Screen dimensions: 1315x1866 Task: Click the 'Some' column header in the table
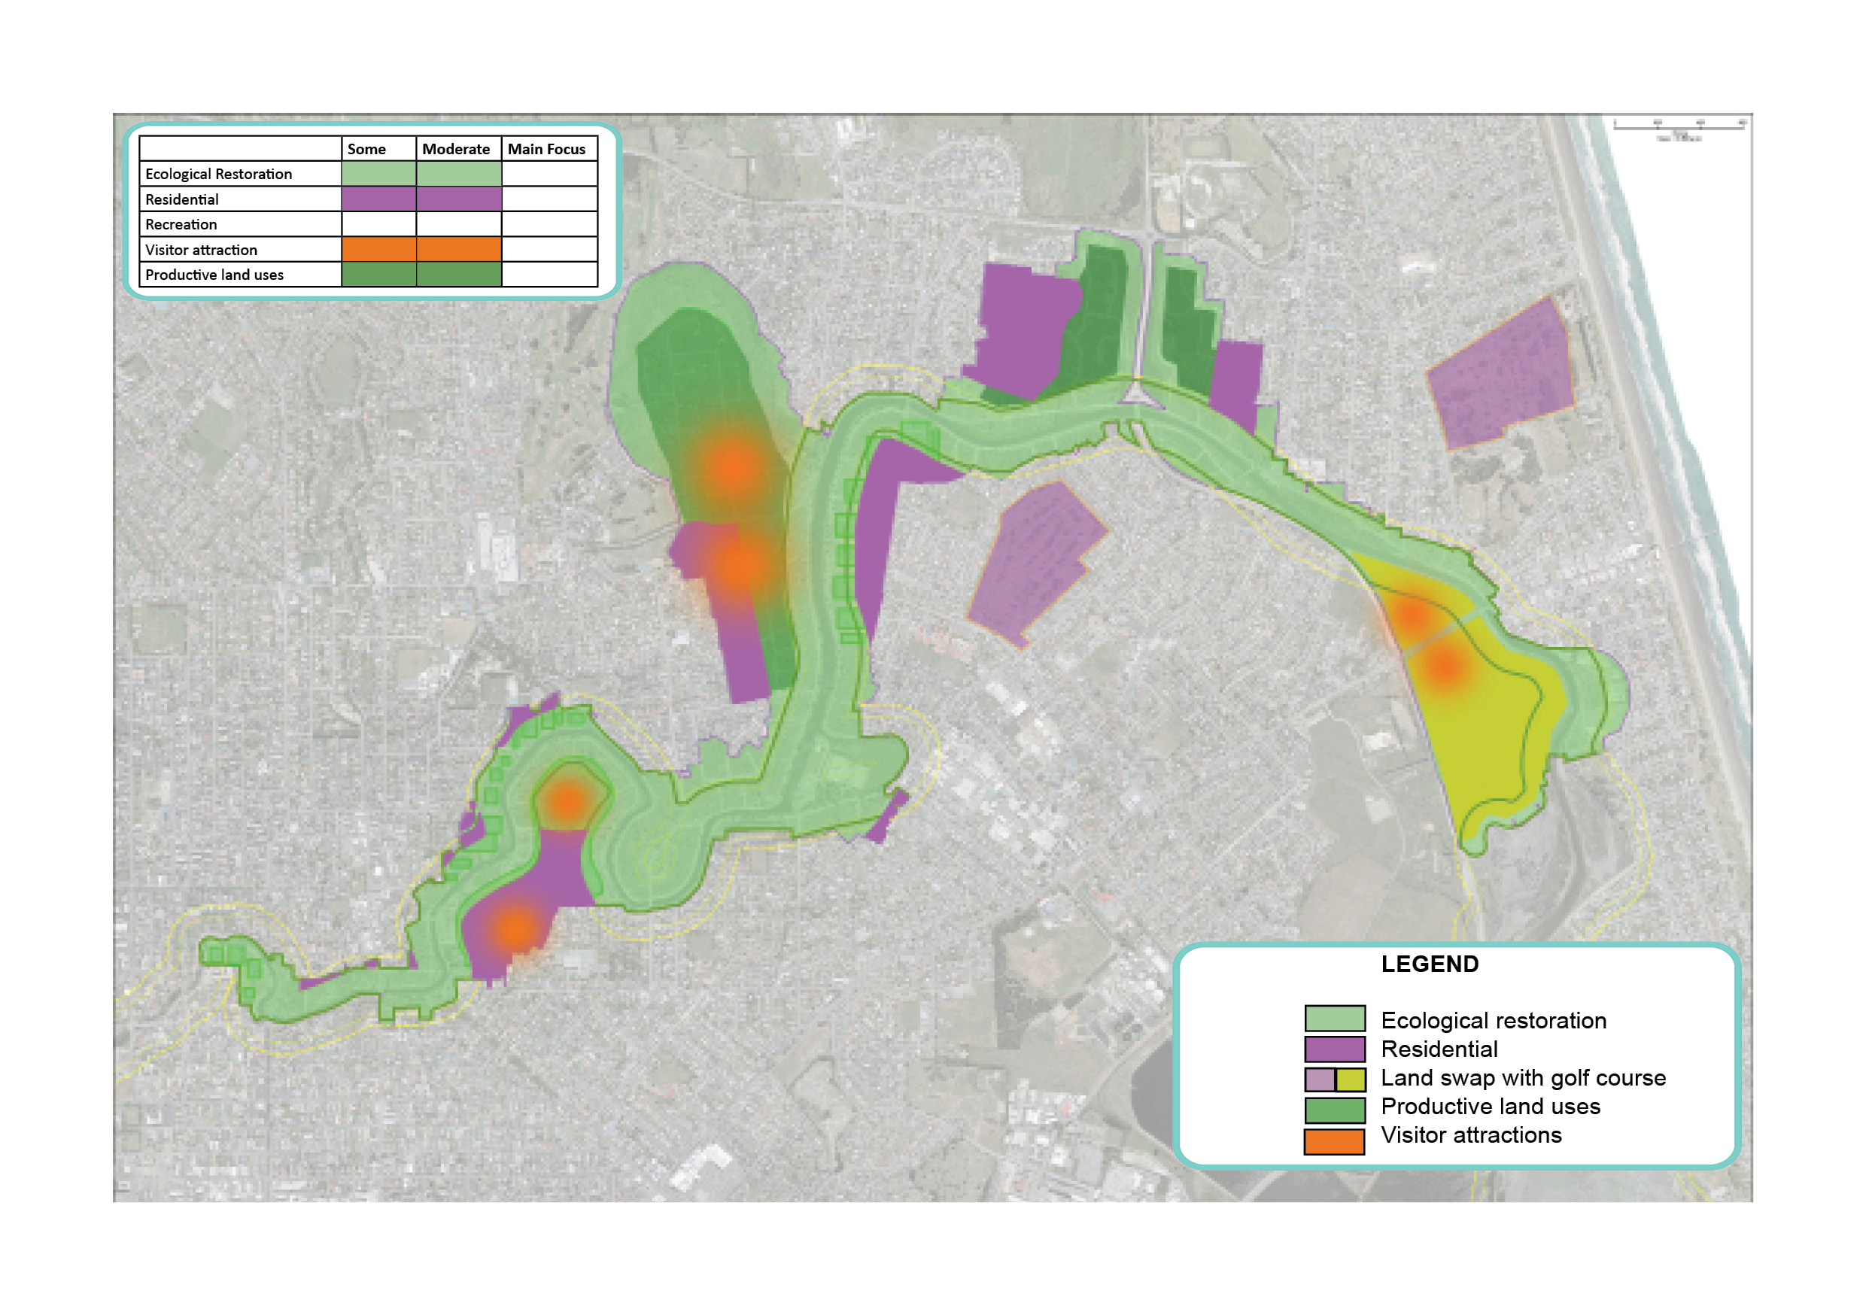pyautogui.click(x=366, y=150)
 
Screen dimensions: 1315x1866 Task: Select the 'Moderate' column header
pyautogui.click(x=456, y=150)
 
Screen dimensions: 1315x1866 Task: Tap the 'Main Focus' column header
pyautogui.click(x=546, y=150)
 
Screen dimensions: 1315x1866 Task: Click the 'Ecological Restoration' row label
pyautogui.click(x=219, y=174)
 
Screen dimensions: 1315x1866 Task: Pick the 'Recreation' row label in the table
pyautogui.click(x=181, y=224)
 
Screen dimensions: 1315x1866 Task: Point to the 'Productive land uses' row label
pyautogui.click(x=214, y=275)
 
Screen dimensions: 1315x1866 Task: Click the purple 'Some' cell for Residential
pyautogui.click(x=378, y=199)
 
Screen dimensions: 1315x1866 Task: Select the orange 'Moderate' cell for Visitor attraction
pyautogui.click(x=458, y=249)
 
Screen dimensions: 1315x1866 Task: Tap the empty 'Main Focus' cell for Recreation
pyautogui.click(x=549, y=224)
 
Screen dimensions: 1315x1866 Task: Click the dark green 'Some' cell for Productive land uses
pyautogui.click(x=378, y=274)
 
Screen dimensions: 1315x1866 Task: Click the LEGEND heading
pyautogui.click(x=1430, y=964)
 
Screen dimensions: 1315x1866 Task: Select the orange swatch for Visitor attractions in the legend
pyautogui.click(x=1334, y=1141)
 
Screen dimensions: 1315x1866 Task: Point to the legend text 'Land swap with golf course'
pyautogui.click(x=1523, y=1078)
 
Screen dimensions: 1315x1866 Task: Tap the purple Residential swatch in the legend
pyautogui.click(x=1334, y=1049)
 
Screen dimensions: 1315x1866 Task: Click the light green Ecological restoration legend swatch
pyautogui.click(x=1334, y=1019)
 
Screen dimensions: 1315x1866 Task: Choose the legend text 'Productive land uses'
pyautogui.click(x=1491, y=1106)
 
